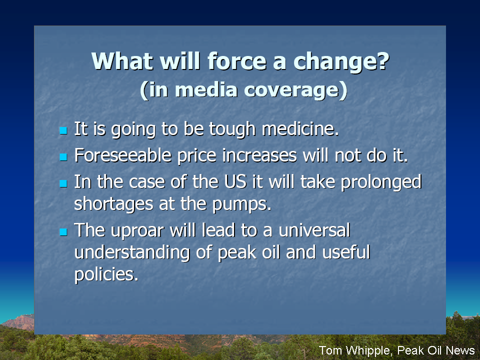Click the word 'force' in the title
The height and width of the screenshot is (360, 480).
[x=237, y=61]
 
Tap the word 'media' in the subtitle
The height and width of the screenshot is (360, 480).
[x=206, y=89]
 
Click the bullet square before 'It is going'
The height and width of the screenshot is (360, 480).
[x=63, y=130]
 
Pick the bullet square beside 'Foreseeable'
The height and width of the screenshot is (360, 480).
[x=63, y=157]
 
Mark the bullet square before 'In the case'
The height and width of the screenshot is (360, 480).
[x=63, y=183]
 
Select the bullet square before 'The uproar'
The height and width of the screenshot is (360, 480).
[x=63, y=231]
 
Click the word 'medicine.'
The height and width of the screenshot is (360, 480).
[x=300, y=128]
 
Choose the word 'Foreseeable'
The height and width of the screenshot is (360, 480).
[x=123, y=155]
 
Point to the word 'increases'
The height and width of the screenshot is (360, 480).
[x=259, y=155]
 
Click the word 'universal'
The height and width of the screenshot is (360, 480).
[x=314, y=230]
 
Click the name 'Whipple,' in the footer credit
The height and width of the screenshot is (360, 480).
[x=369, y=350]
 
